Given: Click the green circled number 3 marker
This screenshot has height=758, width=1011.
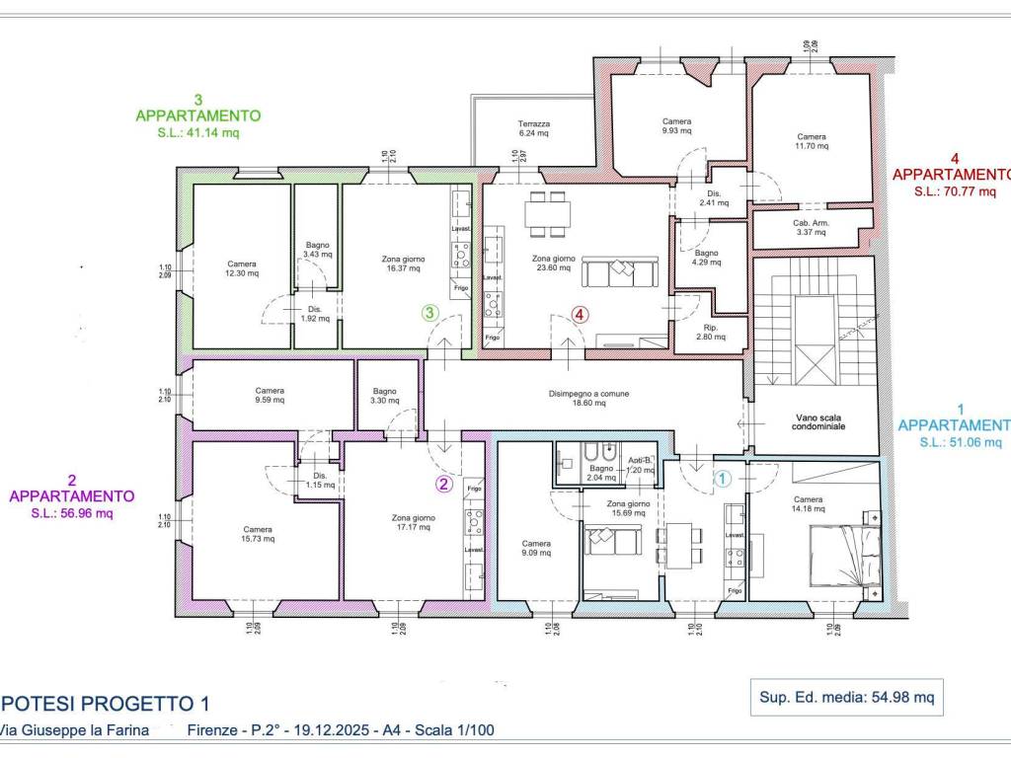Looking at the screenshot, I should tap(429, 313).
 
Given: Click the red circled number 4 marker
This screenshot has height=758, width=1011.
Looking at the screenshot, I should tap(581, 315).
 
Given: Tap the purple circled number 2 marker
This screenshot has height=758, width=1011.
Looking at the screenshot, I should tap(444, 484).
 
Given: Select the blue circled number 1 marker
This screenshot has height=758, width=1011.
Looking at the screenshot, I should tap(722, 479).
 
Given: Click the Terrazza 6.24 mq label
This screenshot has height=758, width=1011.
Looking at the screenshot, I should tap(534, 130).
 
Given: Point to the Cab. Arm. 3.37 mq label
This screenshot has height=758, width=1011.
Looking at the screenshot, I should tap(812, 228).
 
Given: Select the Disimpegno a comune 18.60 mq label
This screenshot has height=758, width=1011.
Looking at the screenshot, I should tap(588, 398).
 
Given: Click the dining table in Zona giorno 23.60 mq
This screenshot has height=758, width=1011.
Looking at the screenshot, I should tap(547, 214).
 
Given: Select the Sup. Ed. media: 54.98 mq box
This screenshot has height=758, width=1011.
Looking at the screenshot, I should tap(846, 697).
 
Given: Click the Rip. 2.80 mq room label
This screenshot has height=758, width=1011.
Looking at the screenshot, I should tap(710, 332).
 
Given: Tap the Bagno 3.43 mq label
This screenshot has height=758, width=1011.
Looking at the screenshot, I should tap(317, 249).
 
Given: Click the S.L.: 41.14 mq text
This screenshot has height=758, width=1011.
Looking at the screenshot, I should tap(197, 131).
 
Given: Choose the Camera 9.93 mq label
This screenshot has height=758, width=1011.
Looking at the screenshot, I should tap(677, 125).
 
